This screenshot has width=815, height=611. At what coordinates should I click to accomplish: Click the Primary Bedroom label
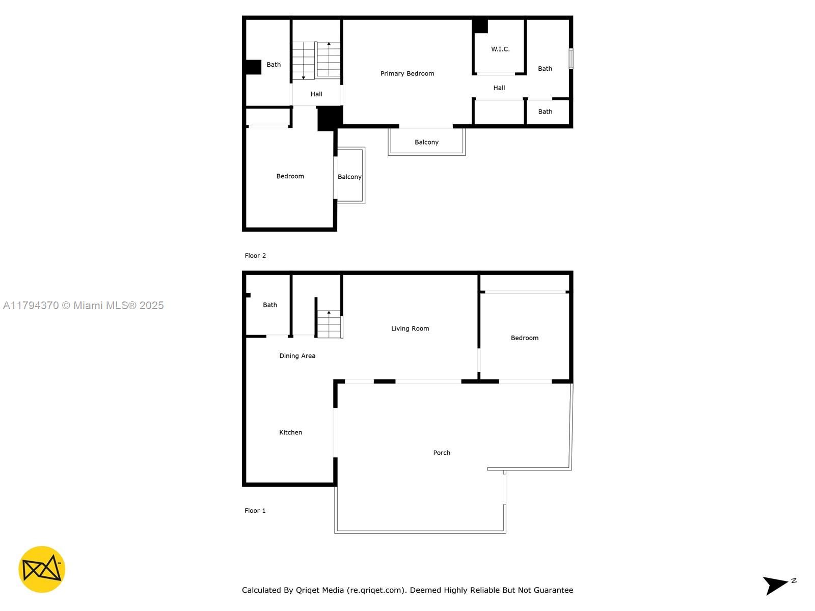coord(407,73)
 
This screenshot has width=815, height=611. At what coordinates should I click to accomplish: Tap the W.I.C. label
coord(500,49)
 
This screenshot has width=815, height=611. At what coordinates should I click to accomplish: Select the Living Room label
coord(410,328)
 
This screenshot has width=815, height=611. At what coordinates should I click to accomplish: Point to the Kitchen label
coord(290,432)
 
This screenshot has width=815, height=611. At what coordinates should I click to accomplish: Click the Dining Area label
coord(297,356)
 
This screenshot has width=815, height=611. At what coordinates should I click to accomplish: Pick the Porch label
coord(442,453)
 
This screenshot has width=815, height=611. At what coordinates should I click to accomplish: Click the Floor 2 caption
coord(255,256)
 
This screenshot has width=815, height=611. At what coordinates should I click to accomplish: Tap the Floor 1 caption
coord(255,511)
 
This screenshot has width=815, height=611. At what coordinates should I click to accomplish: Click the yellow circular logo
coord(42,569)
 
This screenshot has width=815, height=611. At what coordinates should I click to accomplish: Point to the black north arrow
coord(775,585)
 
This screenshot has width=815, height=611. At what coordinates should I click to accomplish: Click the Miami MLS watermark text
coord(83,305)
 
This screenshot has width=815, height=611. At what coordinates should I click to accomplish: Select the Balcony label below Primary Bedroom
coord(426,142)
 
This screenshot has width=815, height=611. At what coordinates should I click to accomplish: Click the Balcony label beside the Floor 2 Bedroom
coord(349,177)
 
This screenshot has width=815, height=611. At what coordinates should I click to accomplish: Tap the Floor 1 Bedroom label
coord(524,338)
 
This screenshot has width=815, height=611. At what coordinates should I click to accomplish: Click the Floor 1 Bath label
coord(270,305)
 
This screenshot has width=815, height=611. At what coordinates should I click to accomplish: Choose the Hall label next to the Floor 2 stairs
coord(316,94)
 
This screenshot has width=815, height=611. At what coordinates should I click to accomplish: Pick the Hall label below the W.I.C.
coord(499,88)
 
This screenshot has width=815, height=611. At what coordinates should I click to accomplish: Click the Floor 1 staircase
coord(329,324)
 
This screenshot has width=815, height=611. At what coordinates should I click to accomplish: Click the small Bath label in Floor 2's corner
coord(545,112)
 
